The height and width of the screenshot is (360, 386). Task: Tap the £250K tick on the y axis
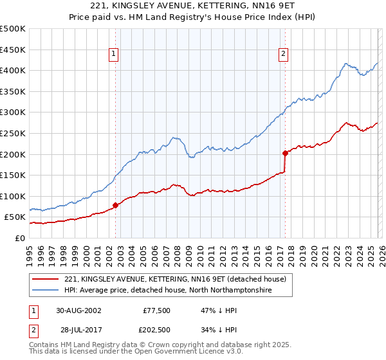pos(13,133)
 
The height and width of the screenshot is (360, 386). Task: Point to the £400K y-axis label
pos(13,71)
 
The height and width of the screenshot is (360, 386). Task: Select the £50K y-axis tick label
pos(15,217)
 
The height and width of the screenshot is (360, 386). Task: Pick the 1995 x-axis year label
pos(30,253)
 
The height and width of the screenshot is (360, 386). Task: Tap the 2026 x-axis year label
pos(381,253)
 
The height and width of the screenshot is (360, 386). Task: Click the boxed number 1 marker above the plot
pos(113,55)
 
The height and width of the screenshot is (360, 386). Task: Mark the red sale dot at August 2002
pos(116,206)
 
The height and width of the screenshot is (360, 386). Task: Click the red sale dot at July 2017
pos(285,153)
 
